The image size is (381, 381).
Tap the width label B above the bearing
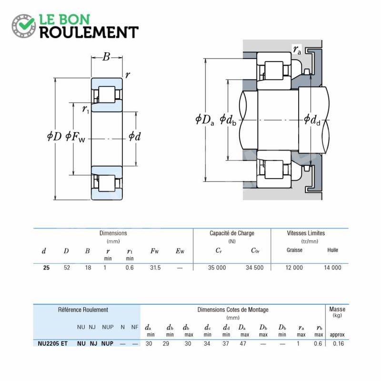(106, 58)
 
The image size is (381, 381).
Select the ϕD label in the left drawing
(54, 137)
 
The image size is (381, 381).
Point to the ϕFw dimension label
(75, 137)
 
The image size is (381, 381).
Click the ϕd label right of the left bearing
(134, 137)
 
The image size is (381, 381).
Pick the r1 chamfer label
(86, 110)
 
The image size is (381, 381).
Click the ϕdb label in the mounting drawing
(229, 120)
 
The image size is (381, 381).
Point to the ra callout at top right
(297, 50)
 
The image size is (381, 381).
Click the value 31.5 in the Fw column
(155, 268)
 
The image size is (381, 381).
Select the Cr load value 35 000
(217, 268)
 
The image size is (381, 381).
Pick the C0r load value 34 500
(254, 268)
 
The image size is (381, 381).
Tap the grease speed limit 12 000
(294, 268)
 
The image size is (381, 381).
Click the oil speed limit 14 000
(332, 268)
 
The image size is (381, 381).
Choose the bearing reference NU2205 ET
(52, 343)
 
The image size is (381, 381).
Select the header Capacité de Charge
(232, 233)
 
